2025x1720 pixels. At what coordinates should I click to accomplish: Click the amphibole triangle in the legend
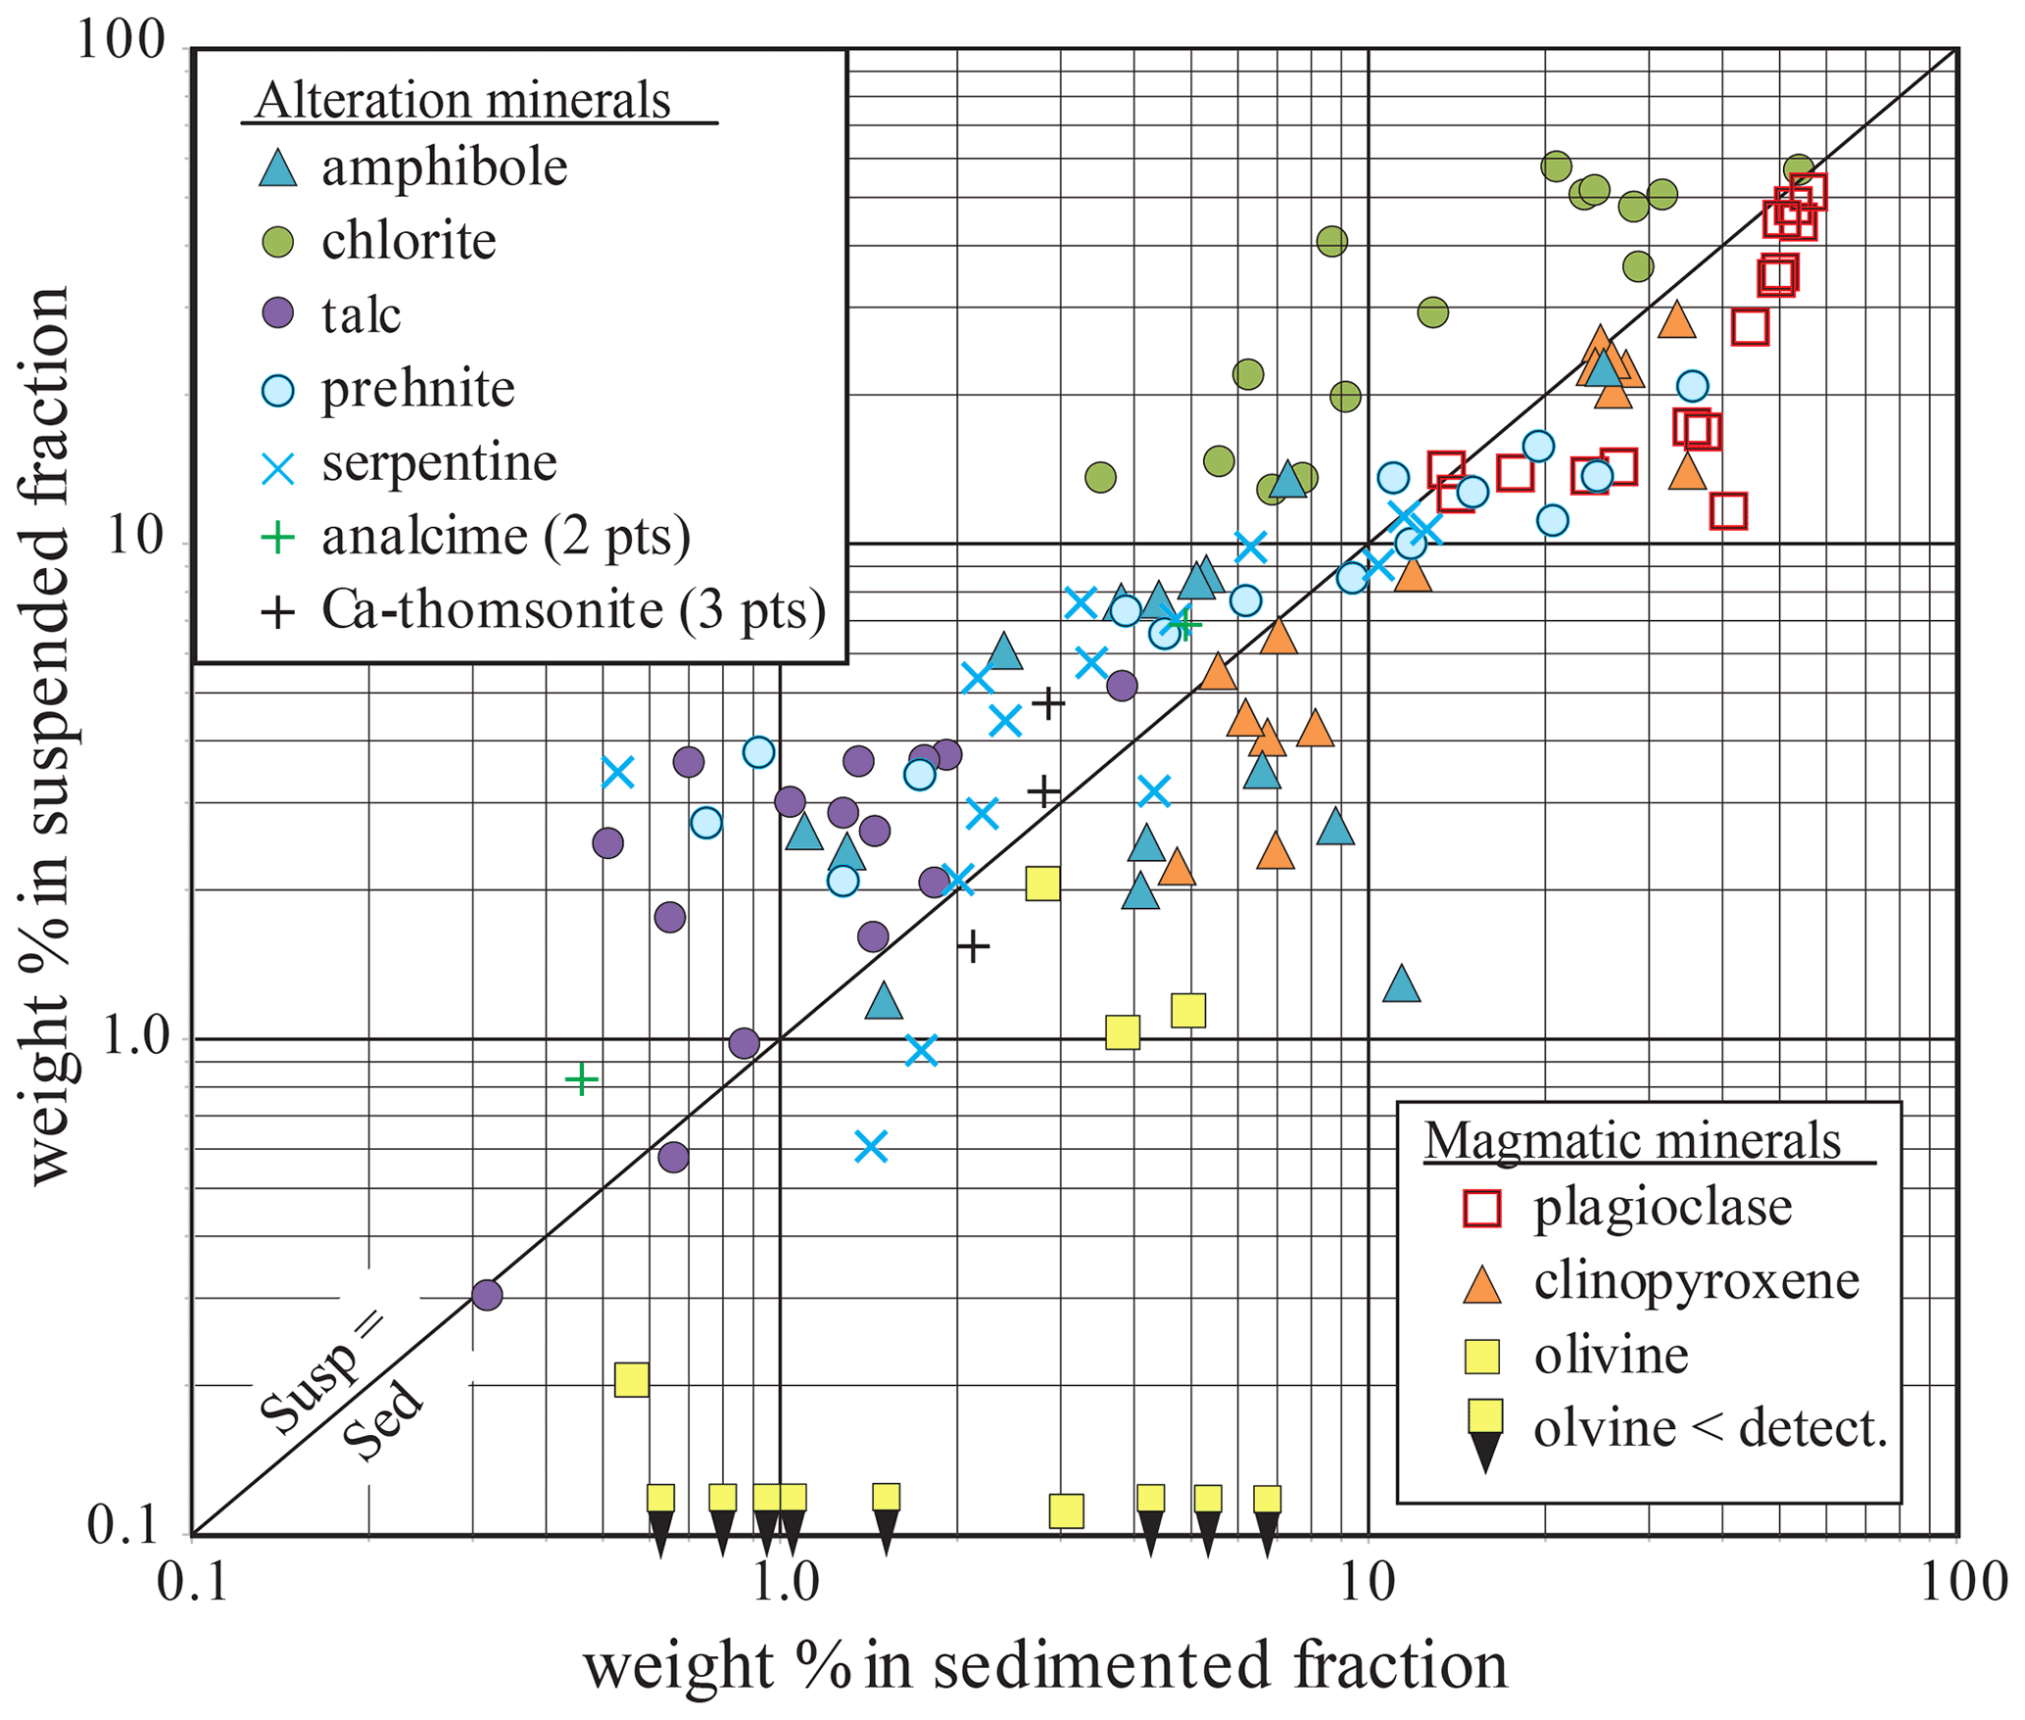pos(278,167)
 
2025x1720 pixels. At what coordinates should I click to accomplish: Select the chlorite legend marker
pos(278,241)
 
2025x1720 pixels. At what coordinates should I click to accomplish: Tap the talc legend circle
pos(278,314)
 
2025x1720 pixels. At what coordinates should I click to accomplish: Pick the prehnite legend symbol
pos(278,390)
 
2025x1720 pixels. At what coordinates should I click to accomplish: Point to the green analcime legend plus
pos(278,537)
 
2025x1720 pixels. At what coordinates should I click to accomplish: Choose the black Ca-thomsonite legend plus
pos(278,612)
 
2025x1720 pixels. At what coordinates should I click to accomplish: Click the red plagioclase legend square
pos(1481,1208)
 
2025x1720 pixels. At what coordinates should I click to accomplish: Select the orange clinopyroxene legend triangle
pos(1481,1284)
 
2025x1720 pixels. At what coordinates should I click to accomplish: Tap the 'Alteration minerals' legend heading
pos(462,100)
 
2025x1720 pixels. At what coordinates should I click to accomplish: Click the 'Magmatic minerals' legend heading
pos(1633,1140)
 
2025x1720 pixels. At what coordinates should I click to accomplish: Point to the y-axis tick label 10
pos(136,537)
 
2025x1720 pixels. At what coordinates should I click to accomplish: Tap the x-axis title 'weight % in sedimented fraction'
pos(1045,1666)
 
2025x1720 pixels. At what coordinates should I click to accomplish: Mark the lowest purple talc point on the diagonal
pos(487,1295)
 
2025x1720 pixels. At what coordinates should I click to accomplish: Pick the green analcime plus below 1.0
pos(582,1079)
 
